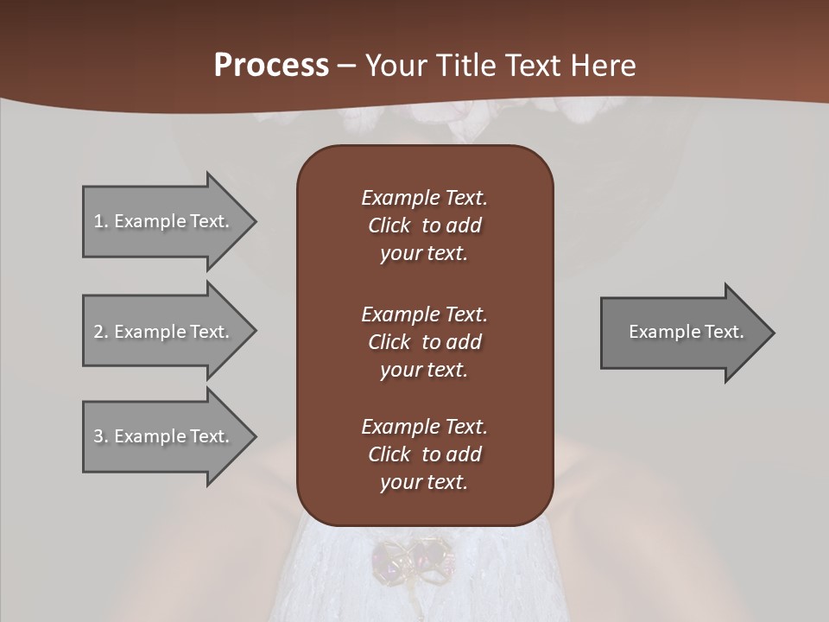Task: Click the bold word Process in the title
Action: click(271, 65)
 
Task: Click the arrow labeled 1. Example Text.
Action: click(164, 221)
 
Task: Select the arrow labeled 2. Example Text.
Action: click(164, 332)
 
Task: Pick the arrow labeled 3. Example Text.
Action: click(164, 436)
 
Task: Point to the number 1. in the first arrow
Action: click(100, 221)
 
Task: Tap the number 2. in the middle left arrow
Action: click(100, 332)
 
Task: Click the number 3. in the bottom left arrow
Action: click(100, 436)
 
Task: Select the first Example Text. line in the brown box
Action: click(424, 198)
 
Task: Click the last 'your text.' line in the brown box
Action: click(424, 482)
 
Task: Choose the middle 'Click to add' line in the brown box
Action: click(424, 342)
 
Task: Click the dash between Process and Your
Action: click(346, 66)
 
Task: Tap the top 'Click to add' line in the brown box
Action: click(424, 225)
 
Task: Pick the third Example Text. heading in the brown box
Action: click(424, 427)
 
